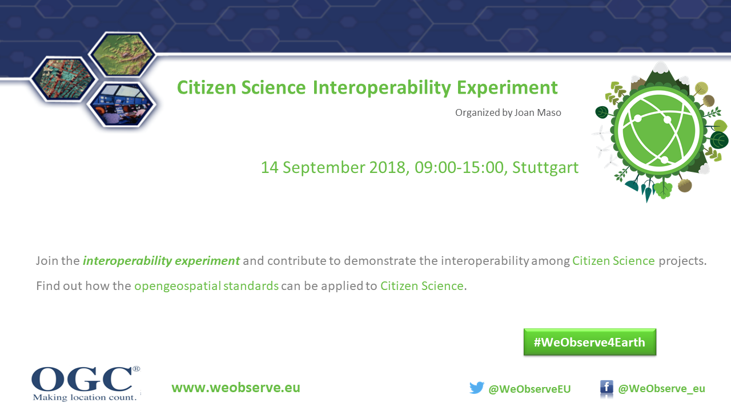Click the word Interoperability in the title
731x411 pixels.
(x=382, y=88)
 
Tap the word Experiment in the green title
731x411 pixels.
(x=507, y=88)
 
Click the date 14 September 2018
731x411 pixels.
(x=333, y=167)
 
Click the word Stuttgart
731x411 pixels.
(x=545, y=168)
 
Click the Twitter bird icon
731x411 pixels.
(x=477, y=388)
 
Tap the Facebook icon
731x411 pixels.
(x=607, y=387)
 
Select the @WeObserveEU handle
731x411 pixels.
(x=529, y=389)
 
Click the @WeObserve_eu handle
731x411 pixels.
(x=661, y=389)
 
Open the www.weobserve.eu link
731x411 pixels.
(x=236, y=388)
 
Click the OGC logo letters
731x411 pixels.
(x=83, y=378)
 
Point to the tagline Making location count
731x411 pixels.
(x=85, y=397)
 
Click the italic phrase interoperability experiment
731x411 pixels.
(x=161, y=261)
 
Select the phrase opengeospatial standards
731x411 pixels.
(x=206, y=286)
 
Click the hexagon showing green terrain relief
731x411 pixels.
(x=122, y=54)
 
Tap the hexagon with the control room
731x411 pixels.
(x=122, y=104)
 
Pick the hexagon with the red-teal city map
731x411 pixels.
(x=63, y=79)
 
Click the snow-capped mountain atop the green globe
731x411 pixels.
(x=660, y=74)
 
